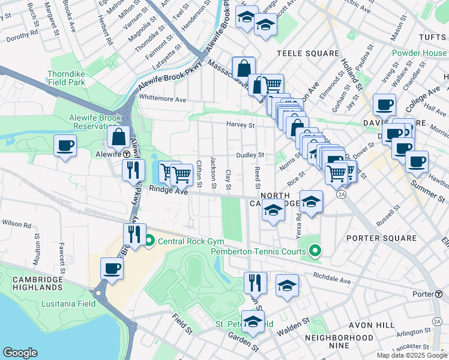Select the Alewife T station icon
click(x=127, y=154)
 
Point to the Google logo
click(x=20, y=352)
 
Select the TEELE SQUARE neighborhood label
click(x=308, y=53)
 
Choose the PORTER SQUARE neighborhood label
click(x=381, y=238)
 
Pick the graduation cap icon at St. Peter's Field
click(x=253, y=322)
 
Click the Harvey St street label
click(x=241, y=125)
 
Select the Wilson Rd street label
click(x=16, y=224)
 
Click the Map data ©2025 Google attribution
click(x=411, y=355)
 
